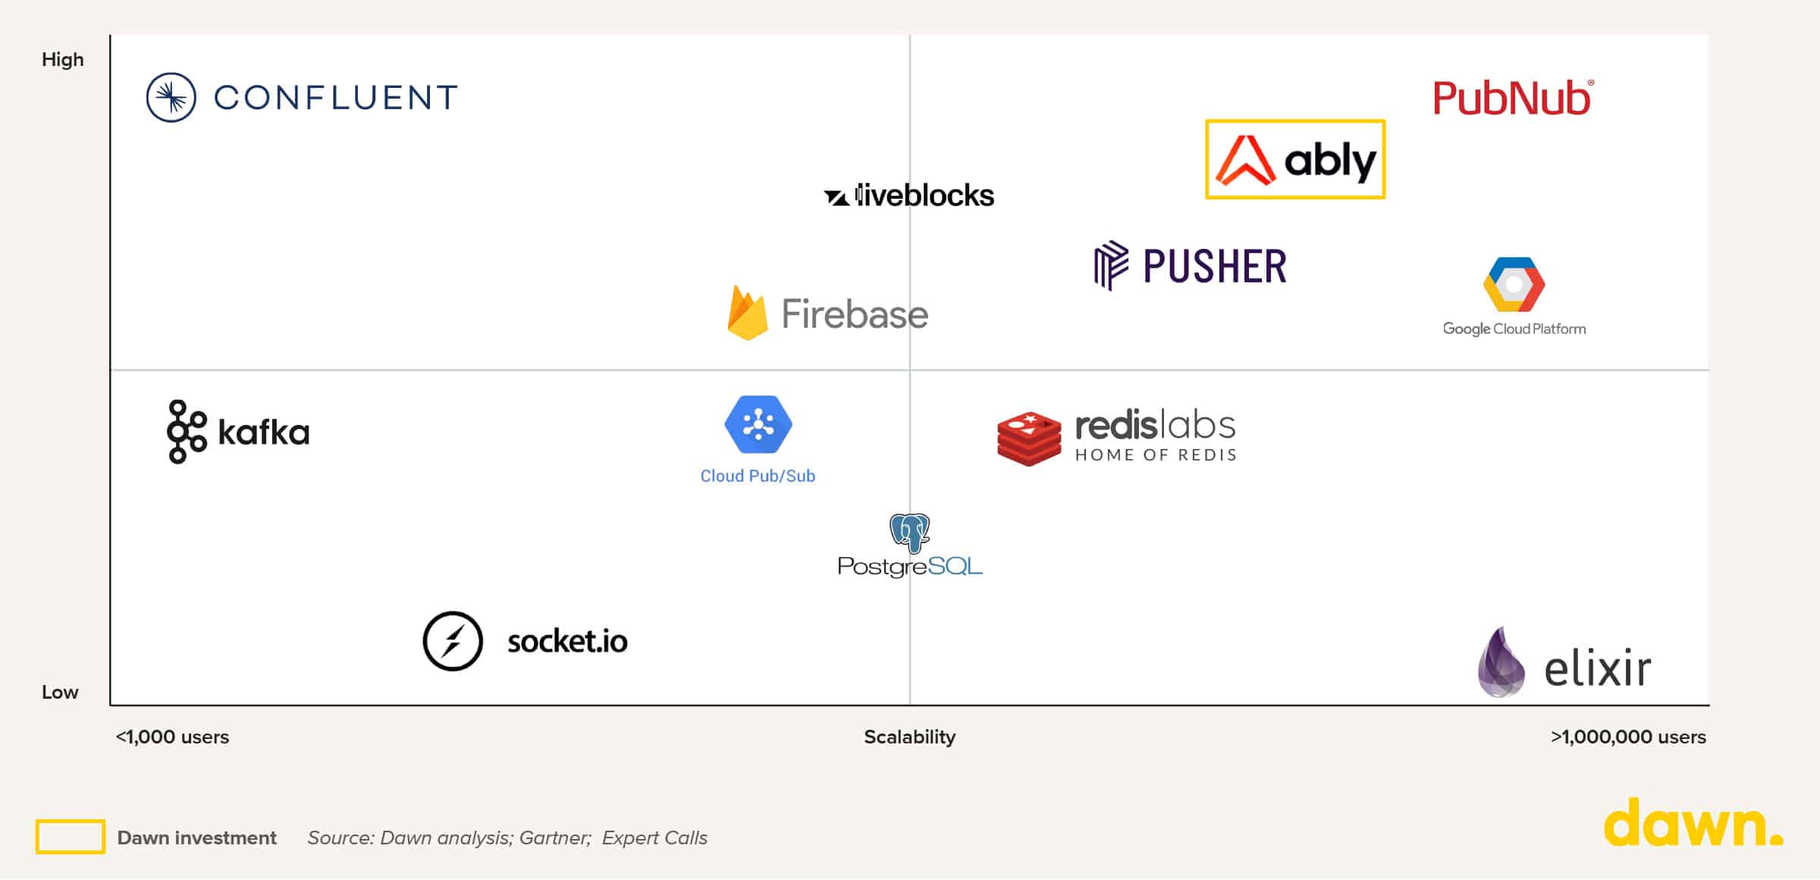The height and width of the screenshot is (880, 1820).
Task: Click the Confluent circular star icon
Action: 171,97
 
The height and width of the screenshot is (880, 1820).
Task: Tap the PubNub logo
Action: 1513,99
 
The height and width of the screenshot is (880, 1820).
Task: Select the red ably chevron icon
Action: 1245,160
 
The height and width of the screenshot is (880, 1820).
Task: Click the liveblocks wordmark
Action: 924,196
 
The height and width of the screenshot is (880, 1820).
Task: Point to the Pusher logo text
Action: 1214,266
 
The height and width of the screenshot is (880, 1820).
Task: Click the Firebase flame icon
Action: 747,313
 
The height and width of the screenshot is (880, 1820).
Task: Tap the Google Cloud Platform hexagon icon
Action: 1514,284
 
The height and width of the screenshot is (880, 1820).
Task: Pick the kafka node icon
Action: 186,432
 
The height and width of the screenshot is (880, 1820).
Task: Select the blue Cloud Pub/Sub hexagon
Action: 758,424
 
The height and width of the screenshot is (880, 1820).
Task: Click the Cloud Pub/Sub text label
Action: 758,476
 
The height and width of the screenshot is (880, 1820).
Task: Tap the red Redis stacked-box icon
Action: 1028,438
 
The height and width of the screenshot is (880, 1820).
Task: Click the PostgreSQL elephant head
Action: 909,533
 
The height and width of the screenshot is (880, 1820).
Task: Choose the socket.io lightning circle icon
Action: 453,641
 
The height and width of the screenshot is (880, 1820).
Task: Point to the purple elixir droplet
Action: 1501,663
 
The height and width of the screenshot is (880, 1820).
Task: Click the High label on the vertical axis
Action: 62,59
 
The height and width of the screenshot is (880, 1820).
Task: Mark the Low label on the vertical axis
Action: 60,692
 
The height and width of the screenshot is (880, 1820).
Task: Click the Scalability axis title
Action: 909,737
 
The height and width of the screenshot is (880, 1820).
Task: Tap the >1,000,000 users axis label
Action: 1628,737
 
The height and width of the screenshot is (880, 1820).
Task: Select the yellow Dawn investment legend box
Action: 71,837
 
